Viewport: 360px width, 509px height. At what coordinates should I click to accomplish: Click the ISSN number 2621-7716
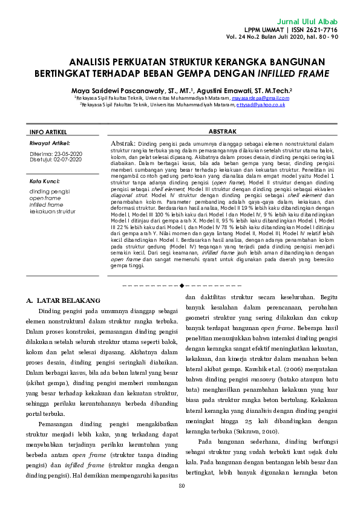[321, 29]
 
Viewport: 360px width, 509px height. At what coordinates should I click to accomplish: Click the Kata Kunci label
[43, 181]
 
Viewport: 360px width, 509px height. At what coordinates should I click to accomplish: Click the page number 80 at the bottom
[181, 487]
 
